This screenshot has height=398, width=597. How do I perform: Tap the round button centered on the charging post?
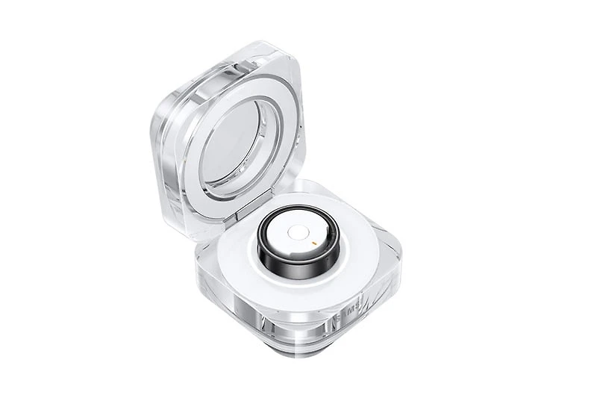[297, 233]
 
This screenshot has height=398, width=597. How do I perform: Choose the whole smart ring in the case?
[297, 246]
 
